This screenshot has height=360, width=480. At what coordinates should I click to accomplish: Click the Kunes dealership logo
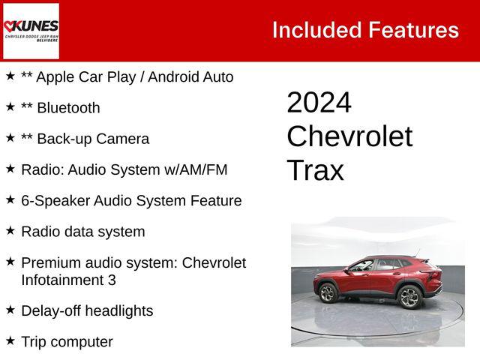[31, 31]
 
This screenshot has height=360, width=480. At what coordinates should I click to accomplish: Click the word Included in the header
[316, 30]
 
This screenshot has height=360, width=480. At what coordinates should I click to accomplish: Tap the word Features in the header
[412, 30]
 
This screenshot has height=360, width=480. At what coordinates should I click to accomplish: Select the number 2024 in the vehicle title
[319, 103]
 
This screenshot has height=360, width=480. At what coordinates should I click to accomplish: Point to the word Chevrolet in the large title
[349, 136]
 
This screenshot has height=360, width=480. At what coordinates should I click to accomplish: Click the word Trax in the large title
[315, 170]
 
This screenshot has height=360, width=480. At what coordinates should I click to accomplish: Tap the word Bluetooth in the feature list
[68, 108]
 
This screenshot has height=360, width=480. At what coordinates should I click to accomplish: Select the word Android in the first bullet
[176, 77]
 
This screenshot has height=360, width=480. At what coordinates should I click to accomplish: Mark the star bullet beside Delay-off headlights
[10, 309]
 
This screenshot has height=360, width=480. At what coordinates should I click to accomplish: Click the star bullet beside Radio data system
[10, 230]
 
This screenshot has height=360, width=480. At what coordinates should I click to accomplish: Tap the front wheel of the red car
[328, 293]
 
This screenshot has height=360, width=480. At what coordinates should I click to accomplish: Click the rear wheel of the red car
[408, 296]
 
